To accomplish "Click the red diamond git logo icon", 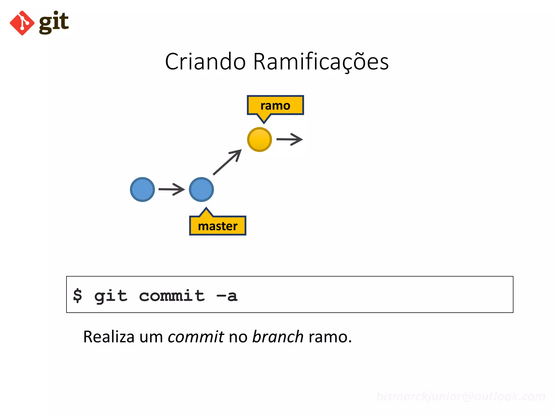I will (x=22, y=23).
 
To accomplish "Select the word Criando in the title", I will (x=205, y=62).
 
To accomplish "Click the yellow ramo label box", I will (x=275, y=105).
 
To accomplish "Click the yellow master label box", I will (x=218, y=226).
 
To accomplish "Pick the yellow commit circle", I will (x=259, y=139).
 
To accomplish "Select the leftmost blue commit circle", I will (x=142, y=189).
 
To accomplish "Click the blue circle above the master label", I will (x=201, y=189).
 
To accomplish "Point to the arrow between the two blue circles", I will (x=172, y=189).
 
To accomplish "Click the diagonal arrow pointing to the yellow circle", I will (x=227, y=162).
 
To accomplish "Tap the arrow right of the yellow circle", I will (x=289, y=139).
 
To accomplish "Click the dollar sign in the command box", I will (x=78, y=295).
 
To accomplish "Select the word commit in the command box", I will (x=172, y=295).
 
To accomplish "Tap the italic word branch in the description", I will (x=278, y=337).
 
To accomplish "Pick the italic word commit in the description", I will (x=196, y=337).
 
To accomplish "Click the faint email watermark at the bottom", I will (x=461, y=396).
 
